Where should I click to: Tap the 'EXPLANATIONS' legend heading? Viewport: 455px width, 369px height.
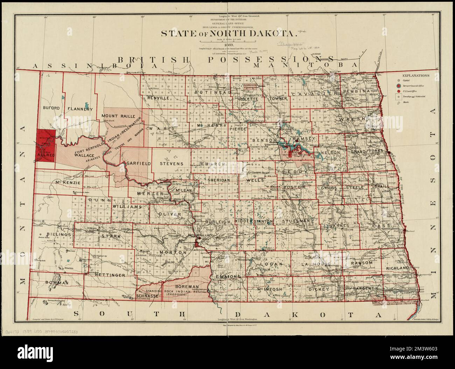416,75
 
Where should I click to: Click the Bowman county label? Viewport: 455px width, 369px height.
56,282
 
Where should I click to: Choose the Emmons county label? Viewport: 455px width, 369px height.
228,277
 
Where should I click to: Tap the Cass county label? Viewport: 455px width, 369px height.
381,226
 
